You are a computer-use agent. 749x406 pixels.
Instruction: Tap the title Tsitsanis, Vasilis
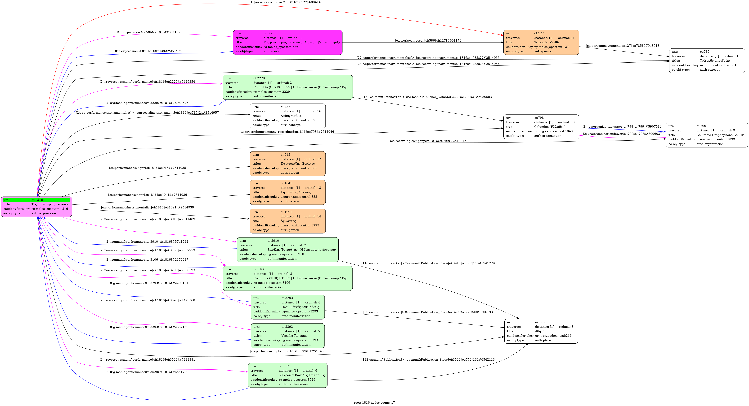point(547,42)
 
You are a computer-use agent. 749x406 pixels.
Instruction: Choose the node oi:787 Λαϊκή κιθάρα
point(287,116)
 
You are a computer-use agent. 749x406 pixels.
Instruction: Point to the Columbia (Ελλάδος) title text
point(550,127)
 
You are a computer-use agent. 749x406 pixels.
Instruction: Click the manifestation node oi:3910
point(287,250)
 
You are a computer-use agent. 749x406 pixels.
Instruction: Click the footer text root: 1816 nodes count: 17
point(374,402)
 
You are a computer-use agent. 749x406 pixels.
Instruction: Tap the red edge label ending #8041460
point(287,2)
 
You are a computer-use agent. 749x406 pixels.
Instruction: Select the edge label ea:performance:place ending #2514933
point(287,351)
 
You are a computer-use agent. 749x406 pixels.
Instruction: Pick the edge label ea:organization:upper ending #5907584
point(622,127)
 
